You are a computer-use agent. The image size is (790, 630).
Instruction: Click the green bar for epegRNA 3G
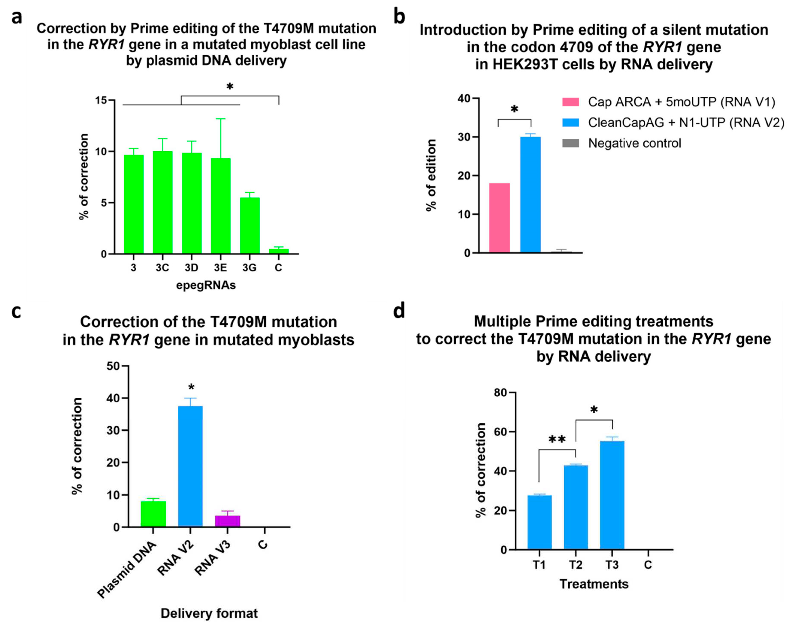point(250,225)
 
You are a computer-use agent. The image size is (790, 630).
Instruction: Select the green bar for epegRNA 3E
point(221,206)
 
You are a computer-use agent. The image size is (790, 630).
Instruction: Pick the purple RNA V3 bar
point(228,521)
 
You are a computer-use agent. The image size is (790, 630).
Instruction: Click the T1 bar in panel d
point(539,522)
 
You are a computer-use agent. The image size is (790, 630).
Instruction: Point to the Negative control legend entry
point(634,143)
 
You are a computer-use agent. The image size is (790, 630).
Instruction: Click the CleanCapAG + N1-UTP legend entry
point(685,123)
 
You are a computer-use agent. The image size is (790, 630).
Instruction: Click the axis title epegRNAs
point(206,285)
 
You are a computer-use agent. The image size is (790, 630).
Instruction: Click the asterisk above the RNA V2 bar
point(191,387)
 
